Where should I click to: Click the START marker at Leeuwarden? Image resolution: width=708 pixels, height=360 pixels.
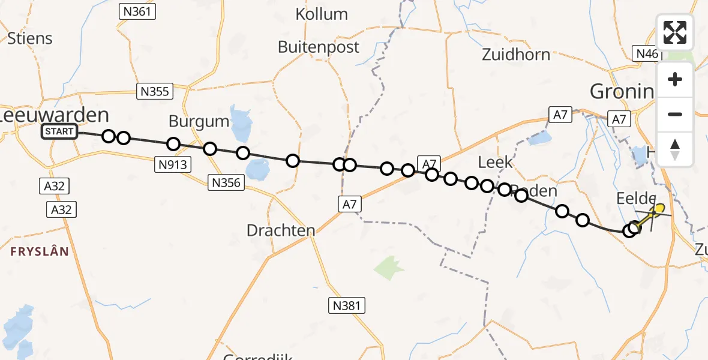click(x=59, y=131)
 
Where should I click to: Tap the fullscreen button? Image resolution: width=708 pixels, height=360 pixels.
click(x=675, y=32)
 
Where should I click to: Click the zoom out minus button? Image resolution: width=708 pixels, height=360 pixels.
click(x=675, y=114)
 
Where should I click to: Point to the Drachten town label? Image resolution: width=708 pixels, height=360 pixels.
click(x=281, y=230)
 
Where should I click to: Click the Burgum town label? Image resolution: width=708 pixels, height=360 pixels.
click(x=199, y=121)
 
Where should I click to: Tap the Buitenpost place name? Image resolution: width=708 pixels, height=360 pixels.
click(x=319, y=47)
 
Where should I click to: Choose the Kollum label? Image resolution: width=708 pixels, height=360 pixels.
click(x=322, y=14)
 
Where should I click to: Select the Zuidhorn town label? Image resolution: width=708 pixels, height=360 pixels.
click(x=516, y=55)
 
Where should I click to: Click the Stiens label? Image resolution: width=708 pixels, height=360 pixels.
click(x=30, y=38)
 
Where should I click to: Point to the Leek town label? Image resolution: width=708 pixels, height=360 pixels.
click(x=496, y=161)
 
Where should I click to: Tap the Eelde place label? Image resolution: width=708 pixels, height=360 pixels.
click(x=635, y=199)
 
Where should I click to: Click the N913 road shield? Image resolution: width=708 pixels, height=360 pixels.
click(x=172, y=166)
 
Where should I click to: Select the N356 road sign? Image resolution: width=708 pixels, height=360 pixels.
click(x=227, y=182)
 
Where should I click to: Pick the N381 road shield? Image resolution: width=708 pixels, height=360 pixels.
click(x=347, y=305)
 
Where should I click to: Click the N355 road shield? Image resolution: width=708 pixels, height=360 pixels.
click(x=155, y=91)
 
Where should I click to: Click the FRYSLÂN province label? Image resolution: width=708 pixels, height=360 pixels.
click(x=40, y=251)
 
